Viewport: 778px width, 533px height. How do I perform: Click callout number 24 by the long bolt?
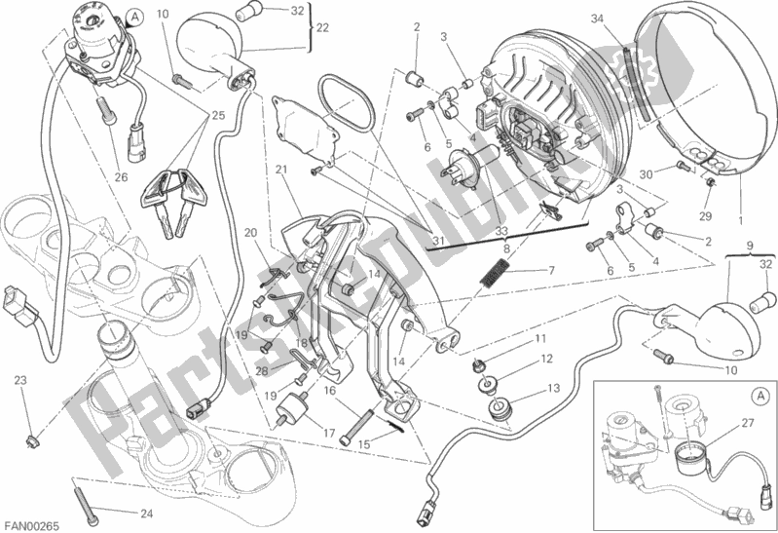(x=146, y=514)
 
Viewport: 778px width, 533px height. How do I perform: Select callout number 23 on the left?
(x=20, y=379)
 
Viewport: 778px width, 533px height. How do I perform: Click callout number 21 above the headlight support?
(x=280, y=171)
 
